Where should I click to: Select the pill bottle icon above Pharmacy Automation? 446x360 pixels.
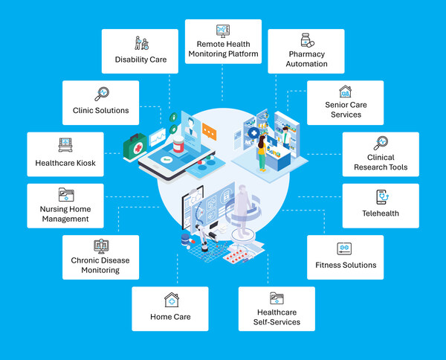pyautogui.click(x=306, y=40)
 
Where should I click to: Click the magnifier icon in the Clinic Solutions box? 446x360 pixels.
pyautogui.click(x=101, y=93)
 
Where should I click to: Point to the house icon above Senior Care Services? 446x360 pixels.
pyautogui.click(x=345, y=91)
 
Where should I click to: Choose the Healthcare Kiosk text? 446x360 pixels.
pyautogui.click(x=65, y=163)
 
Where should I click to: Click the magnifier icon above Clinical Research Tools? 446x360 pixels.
pyautogui.click(x=381, y=143)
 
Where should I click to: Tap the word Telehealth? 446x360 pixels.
pyautogui.click(x=381, y=213)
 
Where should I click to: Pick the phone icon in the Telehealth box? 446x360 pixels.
pyautogui.click(x=381, y=196)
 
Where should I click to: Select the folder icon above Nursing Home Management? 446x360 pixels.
pyautogui.click(x=65, y=196)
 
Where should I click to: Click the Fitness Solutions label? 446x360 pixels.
pyautogui.click(x=345, y=265)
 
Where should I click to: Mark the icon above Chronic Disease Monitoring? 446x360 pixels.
pyautogui.click(x=101, y=246)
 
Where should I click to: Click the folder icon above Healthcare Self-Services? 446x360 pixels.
pyautogui.click(x=276, y=298)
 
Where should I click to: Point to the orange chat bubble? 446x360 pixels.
pyautogui.click(x=210, y=134)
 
